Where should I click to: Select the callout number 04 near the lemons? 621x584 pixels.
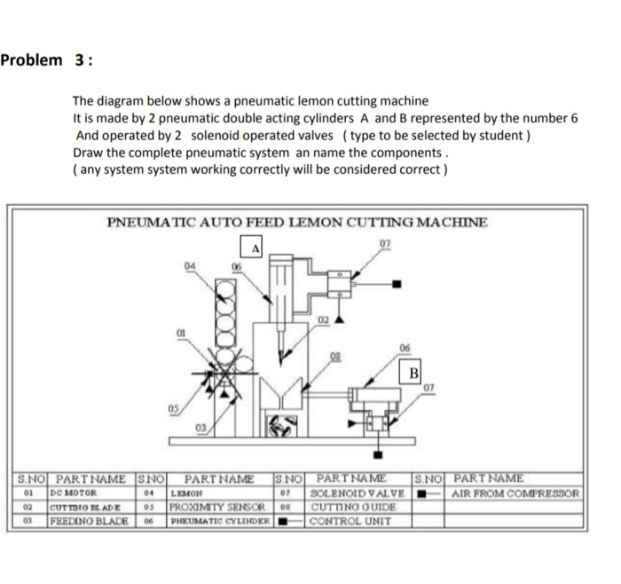click(190, 265)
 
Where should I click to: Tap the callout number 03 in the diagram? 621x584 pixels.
click(201, 430)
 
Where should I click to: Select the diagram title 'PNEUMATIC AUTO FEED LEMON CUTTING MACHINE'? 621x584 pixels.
click(296, 222)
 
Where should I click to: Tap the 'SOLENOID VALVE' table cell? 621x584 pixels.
click(358, 493)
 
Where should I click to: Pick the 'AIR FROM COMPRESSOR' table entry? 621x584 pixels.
click(515, 493)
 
